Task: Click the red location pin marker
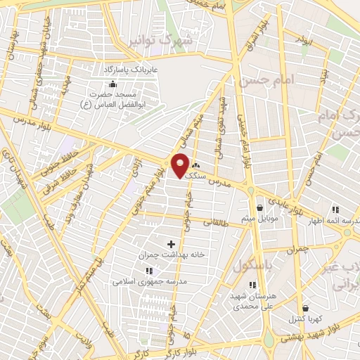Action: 181,165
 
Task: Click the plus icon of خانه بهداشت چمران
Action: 171,244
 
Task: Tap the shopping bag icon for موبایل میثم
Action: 260,208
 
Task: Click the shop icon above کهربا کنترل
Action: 304,308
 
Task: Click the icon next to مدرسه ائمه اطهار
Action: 335,209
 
